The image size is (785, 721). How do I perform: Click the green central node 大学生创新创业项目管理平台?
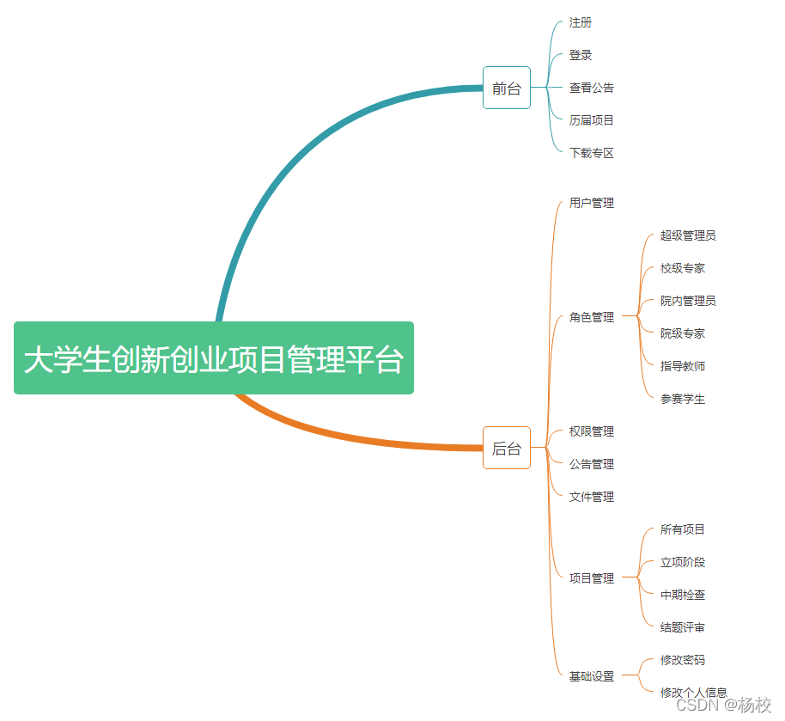[213, 358]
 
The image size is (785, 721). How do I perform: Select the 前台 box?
[507, 88]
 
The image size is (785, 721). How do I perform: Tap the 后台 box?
[507, 448]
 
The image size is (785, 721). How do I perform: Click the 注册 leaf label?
[581, 22]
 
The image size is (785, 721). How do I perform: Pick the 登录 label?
[581, 55]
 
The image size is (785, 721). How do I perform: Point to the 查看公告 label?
[592, 88]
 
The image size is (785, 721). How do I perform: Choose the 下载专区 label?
[592, 153]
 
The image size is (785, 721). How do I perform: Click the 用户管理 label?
[592, 203]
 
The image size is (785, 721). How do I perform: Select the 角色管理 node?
[592, 317]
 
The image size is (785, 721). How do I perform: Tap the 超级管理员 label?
[688, 235]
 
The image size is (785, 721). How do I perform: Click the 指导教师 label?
[683, 366]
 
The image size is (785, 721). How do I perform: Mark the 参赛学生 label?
[683, 399]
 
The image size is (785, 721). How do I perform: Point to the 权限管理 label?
[592, 431]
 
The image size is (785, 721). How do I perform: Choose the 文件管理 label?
[592, 497]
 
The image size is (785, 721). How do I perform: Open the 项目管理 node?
[592, 578]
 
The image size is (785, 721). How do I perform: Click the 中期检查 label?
[683, 595]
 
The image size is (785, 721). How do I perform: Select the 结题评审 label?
[683, 627]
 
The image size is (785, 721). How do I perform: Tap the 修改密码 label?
[683, 660]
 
